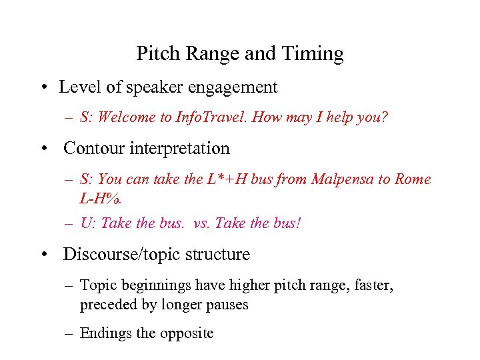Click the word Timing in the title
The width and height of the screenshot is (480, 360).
pos(315,54)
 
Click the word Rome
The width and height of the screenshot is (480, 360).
pos(413,179)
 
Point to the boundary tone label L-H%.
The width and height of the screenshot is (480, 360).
pos(98,199)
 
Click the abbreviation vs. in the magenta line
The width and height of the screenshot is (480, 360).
pos(201,223)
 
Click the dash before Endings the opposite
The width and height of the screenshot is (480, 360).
pos(69,333)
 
